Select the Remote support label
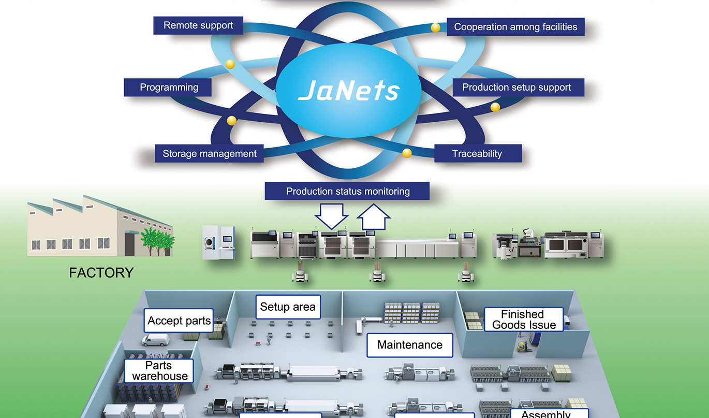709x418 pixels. pyautogui.click(x=198, y=25)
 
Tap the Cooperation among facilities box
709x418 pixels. pyautogui.click(x=515, y=27)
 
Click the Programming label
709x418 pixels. pyautogui.click(x=169, y=88)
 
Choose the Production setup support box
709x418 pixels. pyautogui.click(x=516, y=88)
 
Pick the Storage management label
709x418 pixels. pyautogui.click(x=209, y=154)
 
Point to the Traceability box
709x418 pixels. pyautogui.click(x=477, y=154)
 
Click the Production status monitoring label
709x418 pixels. pyautogui.click(x=347, y=192)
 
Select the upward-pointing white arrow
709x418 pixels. pyautogui.click(x=373, y=217)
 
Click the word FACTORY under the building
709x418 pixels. pyautogui.click(x=101, y=272)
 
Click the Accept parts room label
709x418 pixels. pyautogui.click(x=179, y=321)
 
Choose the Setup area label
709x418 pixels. pyautogui.click(x=288, y=307)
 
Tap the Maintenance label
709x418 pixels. pyautogui.click(x=409, y=345)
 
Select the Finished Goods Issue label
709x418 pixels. pyautogui.click(x=524, y=320)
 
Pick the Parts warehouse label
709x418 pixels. pyautogui.click(x=159, y=371)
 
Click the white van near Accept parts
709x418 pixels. pyautogui.click(x=155, y=340)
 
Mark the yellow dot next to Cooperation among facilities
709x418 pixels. pyautogui.click(x=436, y=27)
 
